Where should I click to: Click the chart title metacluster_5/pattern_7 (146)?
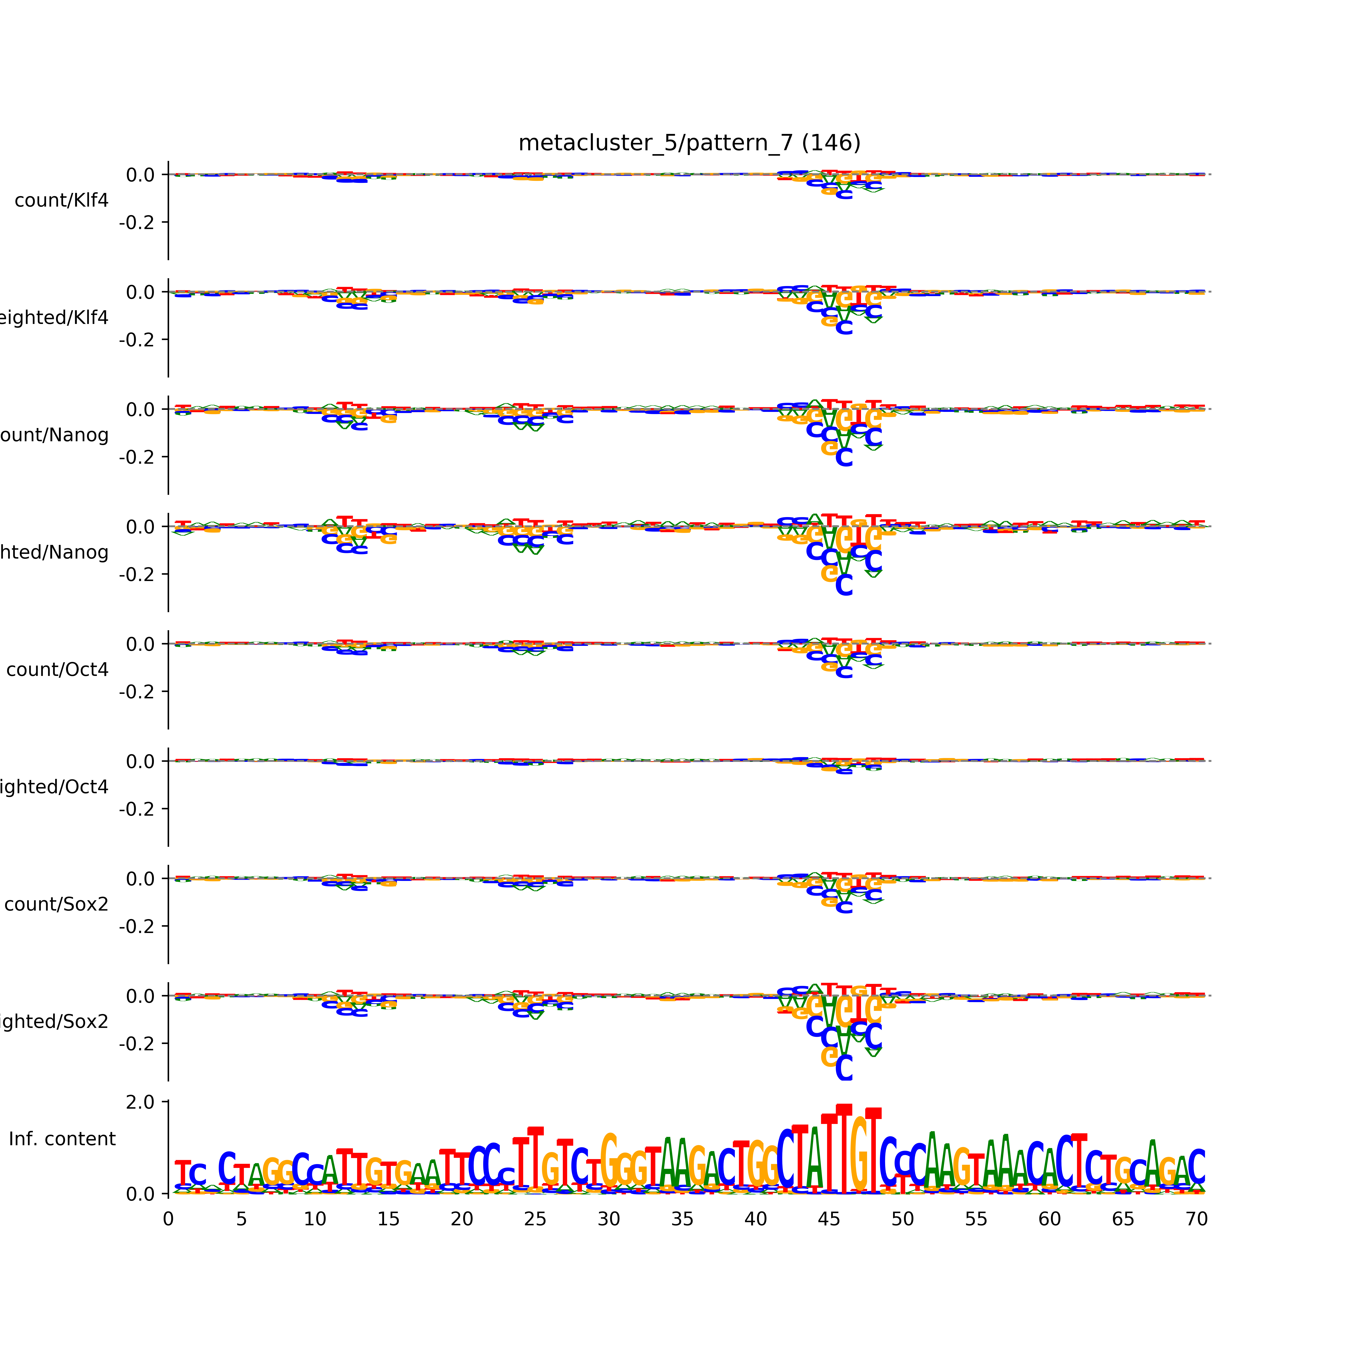689,143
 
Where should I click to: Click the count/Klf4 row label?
61,201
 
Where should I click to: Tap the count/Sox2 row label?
57,904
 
